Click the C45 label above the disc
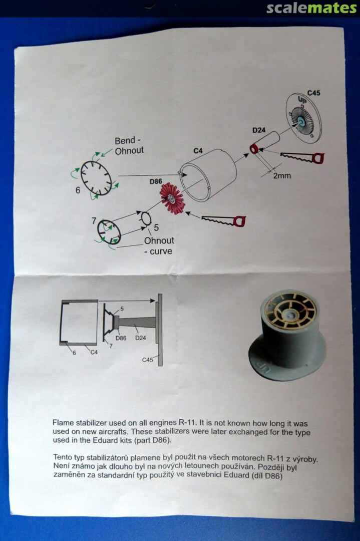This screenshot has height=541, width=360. coord(314,93)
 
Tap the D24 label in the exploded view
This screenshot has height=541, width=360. coord(259,130)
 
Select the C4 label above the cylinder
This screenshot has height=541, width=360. coord(198,150)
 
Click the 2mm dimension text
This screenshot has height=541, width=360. coord(282,176)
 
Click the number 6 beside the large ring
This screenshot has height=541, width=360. coord(78,190)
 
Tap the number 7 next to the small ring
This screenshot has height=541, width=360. coord(94,221)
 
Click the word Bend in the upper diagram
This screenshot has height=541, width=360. coord(125,141)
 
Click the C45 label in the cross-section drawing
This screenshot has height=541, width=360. coord(148,360)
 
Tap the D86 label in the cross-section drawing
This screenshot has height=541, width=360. coord(121,338)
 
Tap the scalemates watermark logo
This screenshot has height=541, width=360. coord(311,8)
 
